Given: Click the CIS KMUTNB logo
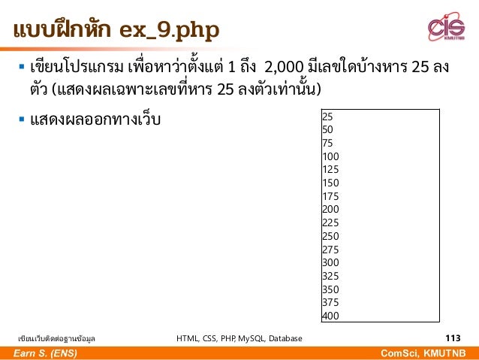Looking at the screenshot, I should coord(446,28).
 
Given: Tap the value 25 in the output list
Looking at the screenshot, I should coord(327,116).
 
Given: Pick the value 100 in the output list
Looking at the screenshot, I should coord(330,156).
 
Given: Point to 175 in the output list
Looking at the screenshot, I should coord(330,196).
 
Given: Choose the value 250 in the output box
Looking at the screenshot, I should coord(330,236).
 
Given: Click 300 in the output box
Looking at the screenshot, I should coord(330,262).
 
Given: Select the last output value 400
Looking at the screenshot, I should coord(330,316).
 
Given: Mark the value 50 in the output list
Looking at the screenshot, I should coord(327,129).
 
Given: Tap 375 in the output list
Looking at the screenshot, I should coord(330,302).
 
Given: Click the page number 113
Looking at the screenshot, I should coord(453,338).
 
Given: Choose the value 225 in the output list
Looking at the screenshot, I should coord(330,222).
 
